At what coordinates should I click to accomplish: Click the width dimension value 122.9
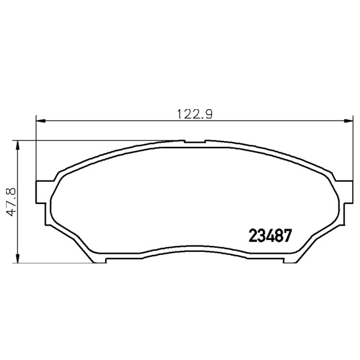pyautogui.click(x=195, y=114)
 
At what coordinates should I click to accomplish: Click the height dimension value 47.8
pyautogui.click(x=11, y=202)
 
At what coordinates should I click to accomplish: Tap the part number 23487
pyautogui.click(x=270, y=236)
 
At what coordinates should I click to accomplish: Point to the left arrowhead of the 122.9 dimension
pyautogui.click(x=41, y=121)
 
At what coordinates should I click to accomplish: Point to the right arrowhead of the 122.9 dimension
pyautogui.click(x=348, y=121)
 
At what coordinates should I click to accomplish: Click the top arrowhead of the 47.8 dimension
pyautogui.click(x=17, y=145)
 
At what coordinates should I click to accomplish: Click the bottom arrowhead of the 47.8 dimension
pyautogui.click(x=17, y=258)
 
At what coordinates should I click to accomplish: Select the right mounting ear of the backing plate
pyautogui.click(x=345, y=192)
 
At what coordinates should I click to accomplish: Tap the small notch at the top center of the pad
pyautogui.click(x=194, y=141)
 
